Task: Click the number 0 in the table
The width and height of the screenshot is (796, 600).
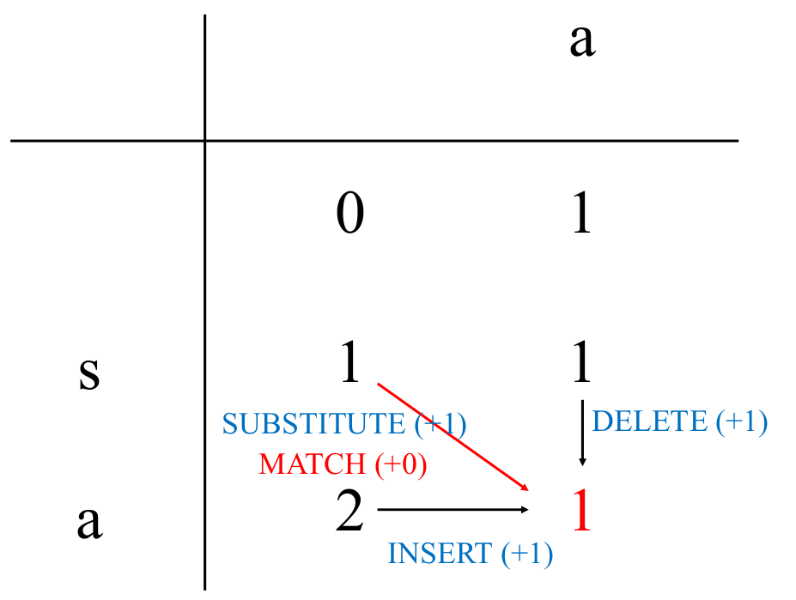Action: coord(349,214)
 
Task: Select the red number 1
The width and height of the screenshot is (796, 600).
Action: coord(581,512)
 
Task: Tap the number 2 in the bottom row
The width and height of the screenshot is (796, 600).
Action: coord(349,513)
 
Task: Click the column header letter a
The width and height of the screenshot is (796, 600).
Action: coord(581,40)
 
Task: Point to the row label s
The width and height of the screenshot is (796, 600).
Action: coord(88,374)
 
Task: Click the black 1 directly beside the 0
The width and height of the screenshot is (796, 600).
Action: coord(581,214)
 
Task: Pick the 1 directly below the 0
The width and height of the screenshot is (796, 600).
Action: coord(349,363)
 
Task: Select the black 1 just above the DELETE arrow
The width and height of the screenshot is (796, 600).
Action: coord(581,363)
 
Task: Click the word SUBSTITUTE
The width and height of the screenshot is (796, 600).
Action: coord(313,424)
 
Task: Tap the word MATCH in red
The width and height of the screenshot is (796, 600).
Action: coord(312,464)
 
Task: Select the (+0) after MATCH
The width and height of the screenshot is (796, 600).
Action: coord(401,464)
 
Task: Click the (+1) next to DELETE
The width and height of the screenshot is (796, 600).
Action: coord(741,421)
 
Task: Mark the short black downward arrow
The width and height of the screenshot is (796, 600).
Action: coord(583,433)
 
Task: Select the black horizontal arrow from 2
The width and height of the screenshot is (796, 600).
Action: coord(453,510)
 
